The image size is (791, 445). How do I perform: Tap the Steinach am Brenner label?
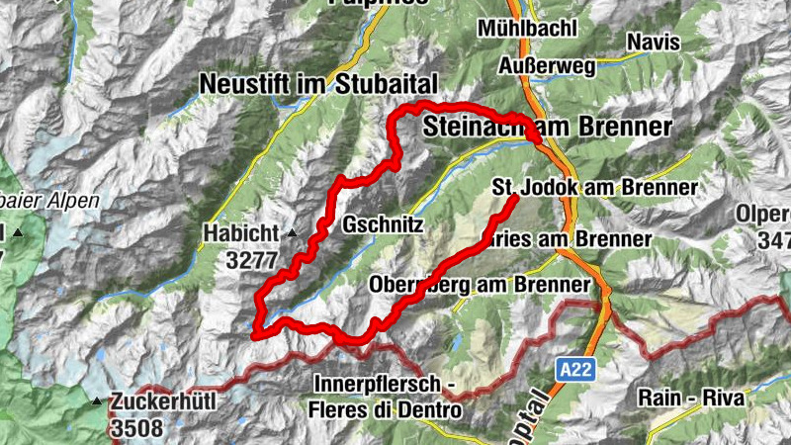(547, 127)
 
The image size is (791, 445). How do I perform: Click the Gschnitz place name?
(383, 225)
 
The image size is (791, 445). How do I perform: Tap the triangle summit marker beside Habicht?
(292, 234)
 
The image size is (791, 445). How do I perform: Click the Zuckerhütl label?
(162, 401)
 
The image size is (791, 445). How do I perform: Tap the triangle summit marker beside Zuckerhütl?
(97, 401)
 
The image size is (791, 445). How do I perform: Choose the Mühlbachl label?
(527, 29)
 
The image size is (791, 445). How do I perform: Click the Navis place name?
(653, 42)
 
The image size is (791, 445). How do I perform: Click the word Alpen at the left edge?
(75, 201)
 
